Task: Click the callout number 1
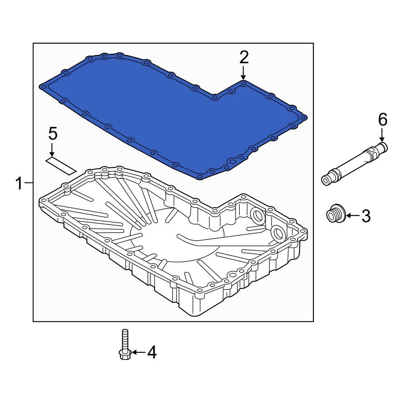pos(19,184)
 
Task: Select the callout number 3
pos(365,216)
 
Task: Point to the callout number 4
pos(151,352)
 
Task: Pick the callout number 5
pos(53,133)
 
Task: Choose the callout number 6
pos(382,119)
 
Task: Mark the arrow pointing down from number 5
pos(52,150)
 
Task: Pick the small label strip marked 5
pos(61,165)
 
